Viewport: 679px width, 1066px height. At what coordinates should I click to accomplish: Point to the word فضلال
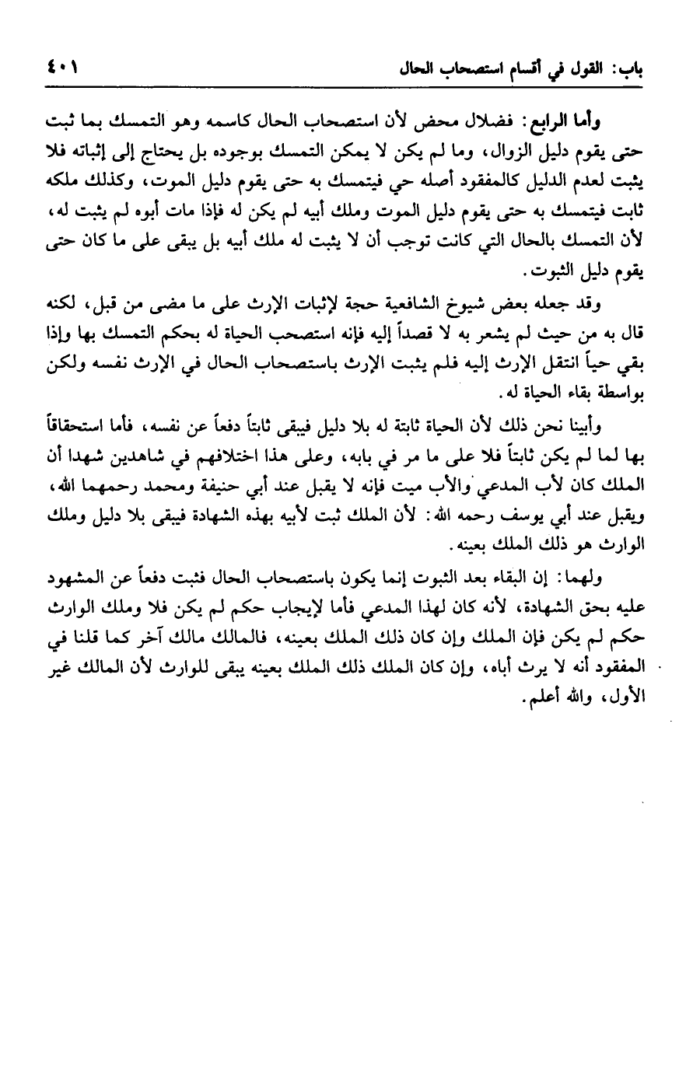[508, 122]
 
